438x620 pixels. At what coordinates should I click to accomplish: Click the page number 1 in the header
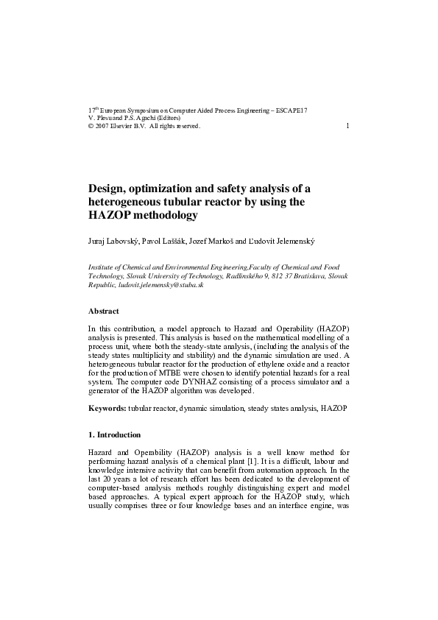347,126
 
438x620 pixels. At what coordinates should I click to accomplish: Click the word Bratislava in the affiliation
303,275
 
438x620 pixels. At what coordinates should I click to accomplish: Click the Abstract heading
103,311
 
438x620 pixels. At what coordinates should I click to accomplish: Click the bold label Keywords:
107,407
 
